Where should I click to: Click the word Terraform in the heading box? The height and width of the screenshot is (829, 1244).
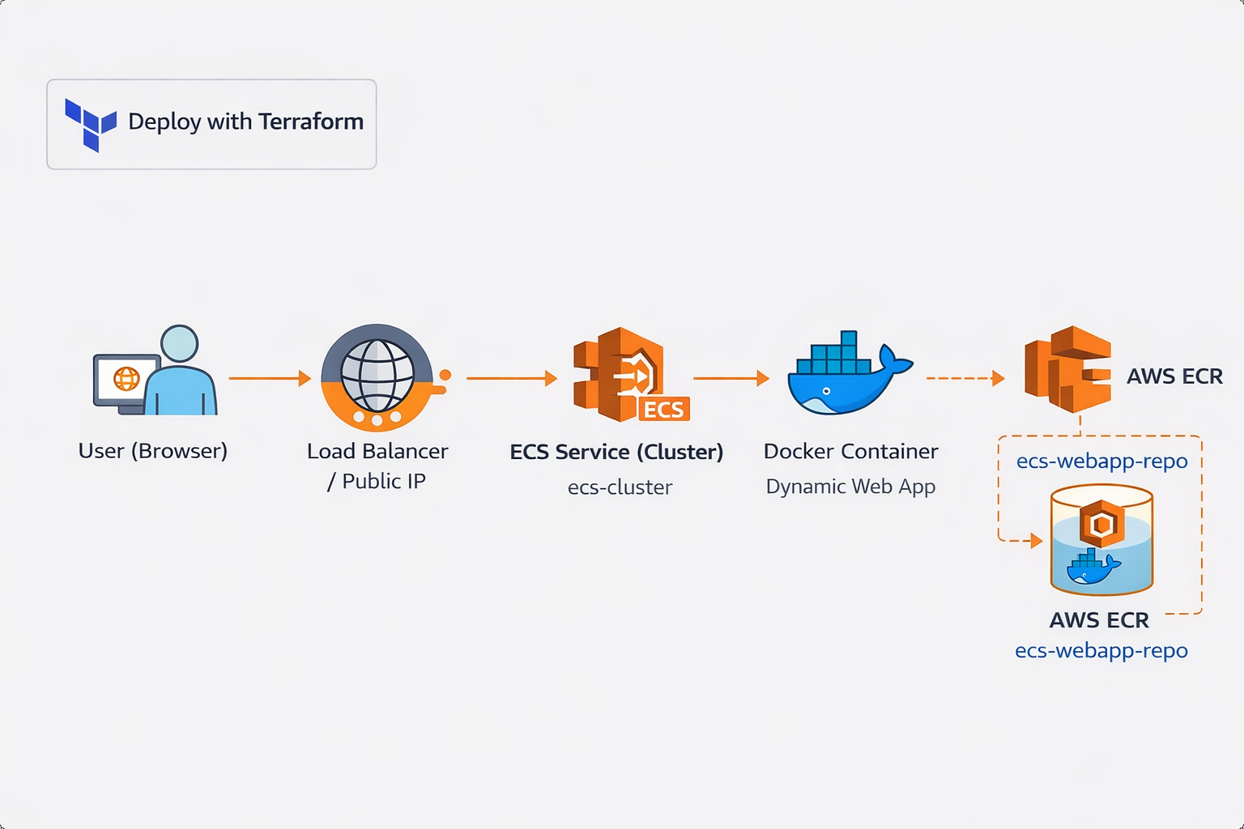tap(311, 121)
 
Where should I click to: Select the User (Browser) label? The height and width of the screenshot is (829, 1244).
tap(152, 451)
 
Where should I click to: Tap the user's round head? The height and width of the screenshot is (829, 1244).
tap(179, 343)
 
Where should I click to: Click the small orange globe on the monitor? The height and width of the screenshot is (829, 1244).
tap(126, 378)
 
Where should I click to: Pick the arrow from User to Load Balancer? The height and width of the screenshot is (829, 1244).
tap(269, 378)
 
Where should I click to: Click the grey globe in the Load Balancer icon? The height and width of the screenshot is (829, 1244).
tap(377, 376)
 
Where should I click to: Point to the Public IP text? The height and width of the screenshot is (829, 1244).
tap(383, 482)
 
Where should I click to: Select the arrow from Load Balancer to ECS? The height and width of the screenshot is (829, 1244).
tap(511, 378)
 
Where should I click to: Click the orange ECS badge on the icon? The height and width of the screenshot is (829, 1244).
tap(664, 410)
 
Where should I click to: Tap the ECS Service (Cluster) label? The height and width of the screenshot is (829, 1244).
tap(616, 452)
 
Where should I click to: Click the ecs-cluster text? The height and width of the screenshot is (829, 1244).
tap(620, 487)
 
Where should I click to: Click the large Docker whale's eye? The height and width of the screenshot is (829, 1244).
tap(826, 391)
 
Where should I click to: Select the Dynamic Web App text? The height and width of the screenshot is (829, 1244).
tap(850, 487)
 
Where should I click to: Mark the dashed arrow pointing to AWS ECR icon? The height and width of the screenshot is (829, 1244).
tap(965, 378)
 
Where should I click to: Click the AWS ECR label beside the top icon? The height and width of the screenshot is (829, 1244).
tap(1174, 376)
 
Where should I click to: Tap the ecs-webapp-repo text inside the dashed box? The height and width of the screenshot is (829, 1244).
tap(1101, 461)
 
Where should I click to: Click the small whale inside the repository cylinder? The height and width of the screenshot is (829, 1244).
tap(1092, 567)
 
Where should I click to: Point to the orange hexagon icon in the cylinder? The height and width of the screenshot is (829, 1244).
tap(1101, 524)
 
